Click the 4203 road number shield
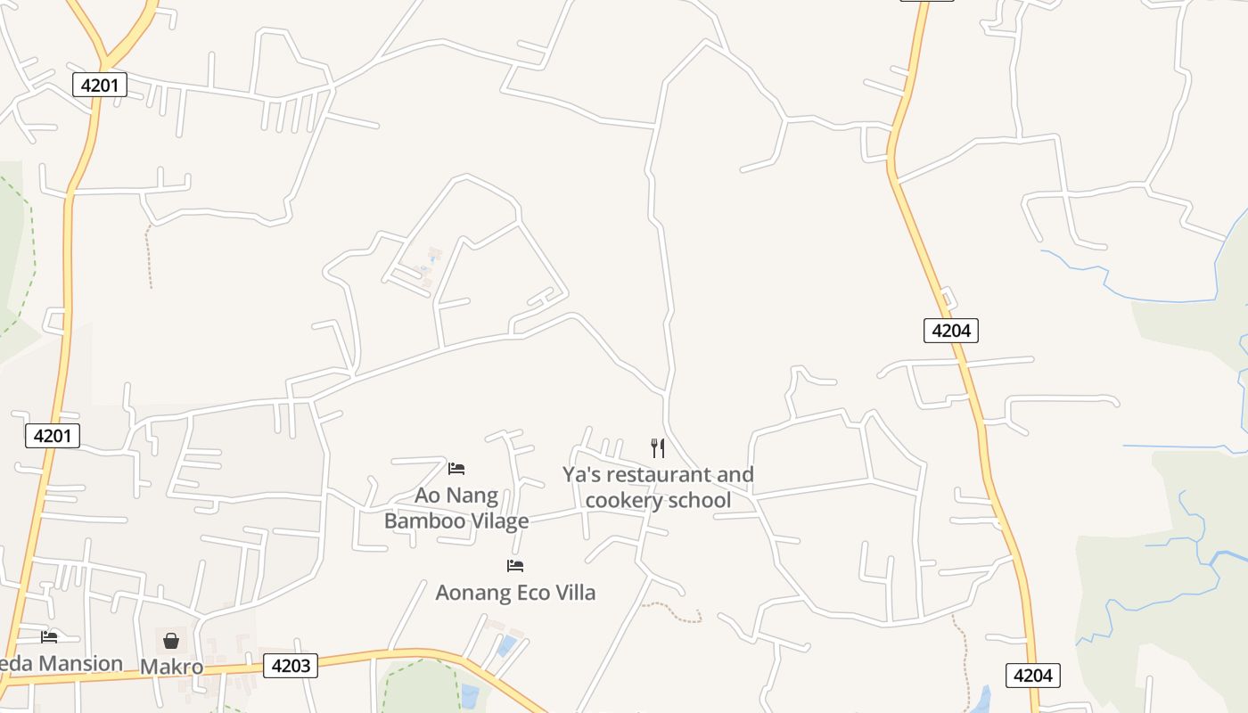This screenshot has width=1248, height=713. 291,666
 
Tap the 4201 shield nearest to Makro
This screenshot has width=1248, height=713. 53,436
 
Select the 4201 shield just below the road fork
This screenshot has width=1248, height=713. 100,86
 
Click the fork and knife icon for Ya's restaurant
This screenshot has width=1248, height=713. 658,448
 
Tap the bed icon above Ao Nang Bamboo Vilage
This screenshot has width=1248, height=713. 456,469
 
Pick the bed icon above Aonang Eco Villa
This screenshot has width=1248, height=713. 515,566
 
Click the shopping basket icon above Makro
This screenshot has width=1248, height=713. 171,641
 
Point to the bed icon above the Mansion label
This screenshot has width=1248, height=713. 49,636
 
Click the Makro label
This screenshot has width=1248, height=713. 171,667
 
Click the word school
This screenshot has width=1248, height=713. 703,500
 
